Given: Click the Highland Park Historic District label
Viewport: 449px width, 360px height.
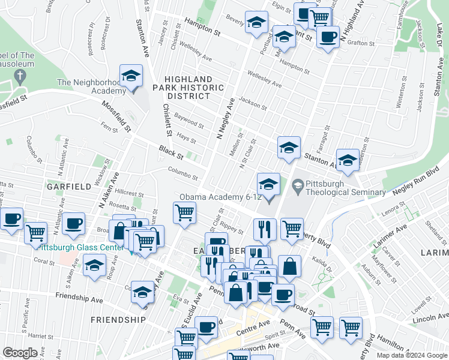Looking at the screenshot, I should click(188, 88).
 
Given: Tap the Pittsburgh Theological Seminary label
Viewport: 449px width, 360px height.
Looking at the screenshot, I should click(345, 188).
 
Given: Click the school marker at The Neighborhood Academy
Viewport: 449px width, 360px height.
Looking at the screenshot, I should click(131, 77).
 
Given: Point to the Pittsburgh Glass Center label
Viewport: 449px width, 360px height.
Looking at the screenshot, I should click(65, 246).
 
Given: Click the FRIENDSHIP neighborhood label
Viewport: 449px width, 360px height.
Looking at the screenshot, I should click(118, 320).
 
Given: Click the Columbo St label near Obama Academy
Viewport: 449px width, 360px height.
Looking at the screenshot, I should click(182, 173).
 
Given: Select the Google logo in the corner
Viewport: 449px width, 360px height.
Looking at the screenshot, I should click(20, 353).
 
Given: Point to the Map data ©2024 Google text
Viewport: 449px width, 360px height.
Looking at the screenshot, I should click(412, 355).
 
